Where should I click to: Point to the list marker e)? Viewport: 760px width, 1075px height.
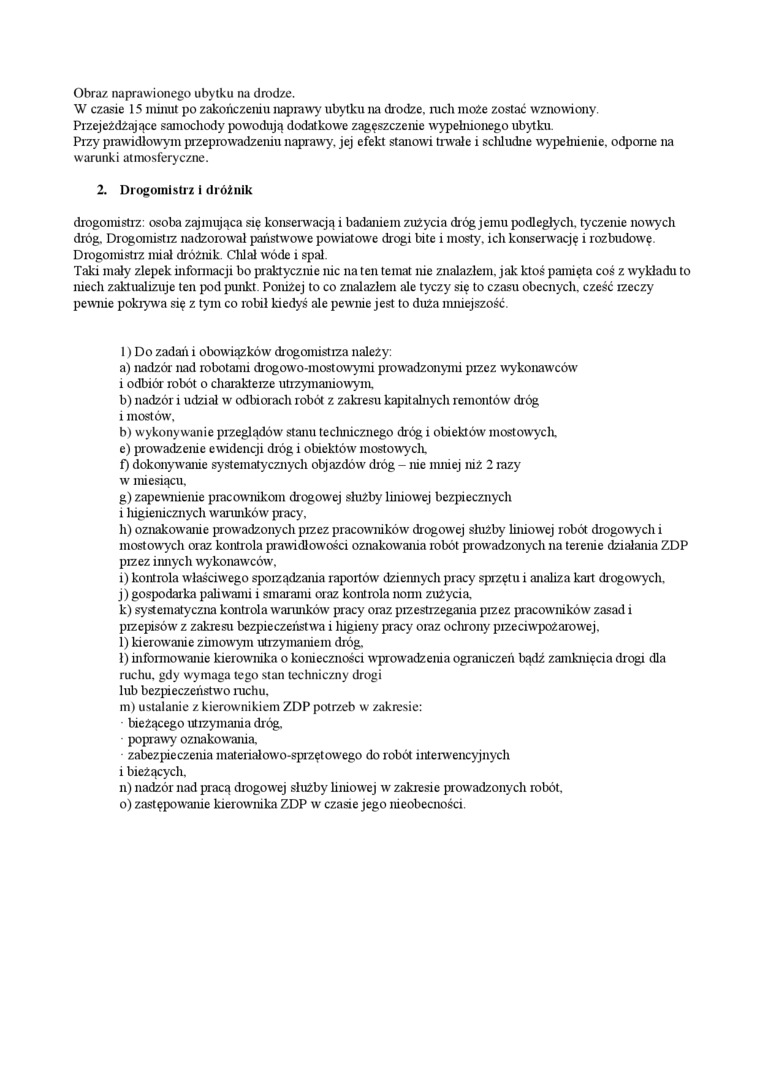[125, 448]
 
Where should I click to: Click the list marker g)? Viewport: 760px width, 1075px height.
[125, 496]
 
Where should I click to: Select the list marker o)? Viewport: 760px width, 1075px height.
[126, 803]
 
